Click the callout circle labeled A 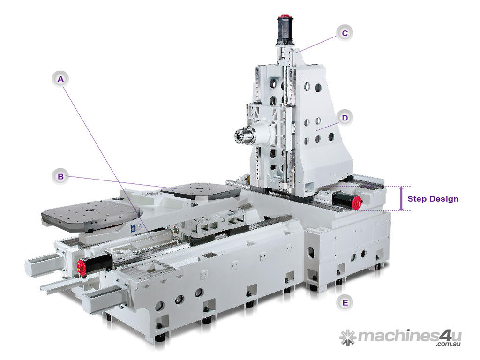click(x=60, y=79)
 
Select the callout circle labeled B click(x=60, y=176)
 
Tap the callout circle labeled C click(x=345, y=33)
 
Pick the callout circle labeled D click(x=345, y=118)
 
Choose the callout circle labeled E click(x=345, y=303)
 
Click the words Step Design click(x=433, y=199)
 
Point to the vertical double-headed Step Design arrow click(x=401, y=198)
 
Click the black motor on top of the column click(x=285, y=30)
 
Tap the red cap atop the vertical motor click(x=285, y=15)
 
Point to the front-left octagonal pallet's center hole click(x=91, y=210)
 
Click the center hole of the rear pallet click(x=200, y=189)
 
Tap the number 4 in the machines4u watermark click(x=445, y=336)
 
